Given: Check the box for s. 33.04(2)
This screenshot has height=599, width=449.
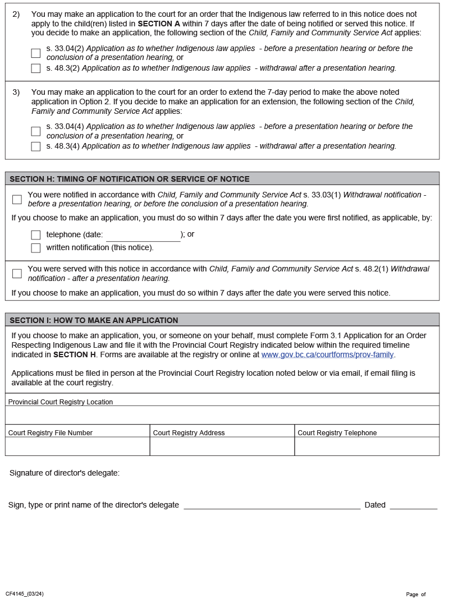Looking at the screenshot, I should pyautogui.click(x=36, y=53).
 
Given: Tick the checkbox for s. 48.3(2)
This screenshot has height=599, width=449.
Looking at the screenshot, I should pyautogui.click(x=36, y=68).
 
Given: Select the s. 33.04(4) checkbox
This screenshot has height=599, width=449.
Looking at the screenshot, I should pyautogui.click(x=36, y=131).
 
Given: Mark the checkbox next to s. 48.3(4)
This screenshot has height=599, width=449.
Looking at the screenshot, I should pyautogui.click(x=36, y=146).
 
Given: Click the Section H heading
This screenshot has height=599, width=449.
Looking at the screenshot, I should pyautogui.click(x=130, y=179).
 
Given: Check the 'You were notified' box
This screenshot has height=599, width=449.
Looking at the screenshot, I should pyautogui.click(x=17, y=200).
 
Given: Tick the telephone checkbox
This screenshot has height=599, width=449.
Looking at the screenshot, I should pyautogui.click(x=36, y=235).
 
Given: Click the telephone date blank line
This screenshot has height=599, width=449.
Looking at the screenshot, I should pyautogui.click(x=143, y=236).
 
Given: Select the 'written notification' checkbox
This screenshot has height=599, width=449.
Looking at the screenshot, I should pyautogui.click(x=36, y=248).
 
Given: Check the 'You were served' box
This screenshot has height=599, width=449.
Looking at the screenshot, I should pyautogui.click(x=17, y=274).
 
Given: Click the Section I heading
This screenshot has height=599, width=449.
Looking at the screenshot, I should pyautogui.click(x=94, y=320).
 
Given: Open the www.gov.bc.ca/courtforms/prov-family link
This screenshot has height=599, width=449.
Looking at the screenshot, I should pyautogui.click(x=327, y=355).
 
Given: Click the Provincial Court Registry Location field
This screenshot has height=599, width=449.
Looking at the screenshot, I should pyautogui.click(x=222, y=415).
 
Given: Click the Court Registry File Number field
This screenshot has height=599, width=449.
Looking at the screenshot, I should pyautogui.click(x=77, y=446).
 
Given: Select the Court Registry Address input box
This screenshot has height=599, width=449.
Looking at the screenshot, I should pyautogui.click(x=222, y=446).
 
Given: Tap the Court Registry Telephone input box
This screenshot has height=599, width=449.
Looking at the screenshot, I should pyautogui.click(x=366, y=446).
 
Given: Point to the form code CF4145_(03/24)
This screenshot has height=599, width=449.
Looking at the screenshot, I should pyautogui.click(x=25, y=594).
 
